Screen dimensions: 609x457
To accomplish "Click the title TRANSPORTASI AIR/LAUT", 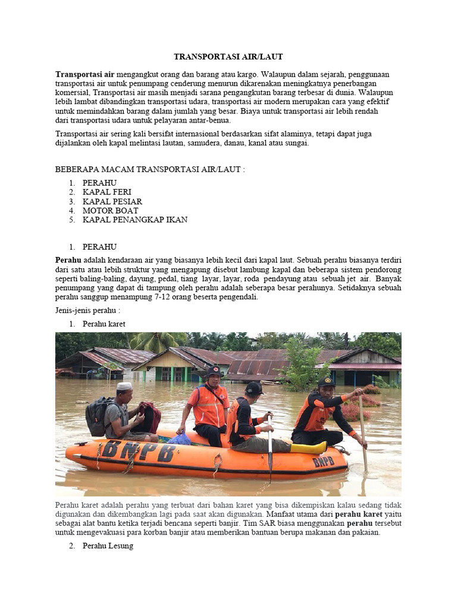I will [x=228, y=56].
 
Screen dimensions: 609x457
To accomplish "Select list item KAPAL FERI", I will [x=107, y=192].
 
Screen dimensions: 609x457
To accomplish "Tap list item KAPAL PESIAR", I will [x=112, y=202].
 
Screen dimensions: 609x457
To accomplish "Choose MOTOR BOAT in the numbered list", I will [x=110, y=211].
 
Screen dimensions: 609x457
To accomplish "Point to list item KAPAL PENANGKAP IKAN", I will [x=135, y=219].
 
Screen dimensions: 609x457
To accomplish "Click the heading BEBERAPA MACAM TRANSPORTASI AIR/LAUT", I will [x=150, y=169].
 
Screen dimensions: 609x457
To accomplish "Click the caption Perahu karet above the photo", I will [x=104, y=324].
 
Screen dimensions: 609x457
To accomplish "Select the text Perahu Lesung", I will [x=108, y=545].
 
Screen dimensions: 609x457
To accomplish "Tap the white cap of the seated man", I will [x=124, y=386].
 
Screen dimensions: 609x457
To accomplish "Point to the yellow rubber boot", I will [x=309, y=447].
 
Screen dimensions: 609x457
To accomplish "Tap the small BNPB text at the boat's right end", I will [x=323, y=461].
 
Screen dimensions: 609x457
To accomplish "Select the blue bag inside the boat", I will [x=179, y=439].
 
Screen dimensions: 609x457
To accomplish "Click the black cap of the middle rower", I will [x=254, y=388].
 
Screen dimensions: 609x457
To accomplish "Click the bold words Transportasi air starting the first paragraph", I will [x=85, y=74].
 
